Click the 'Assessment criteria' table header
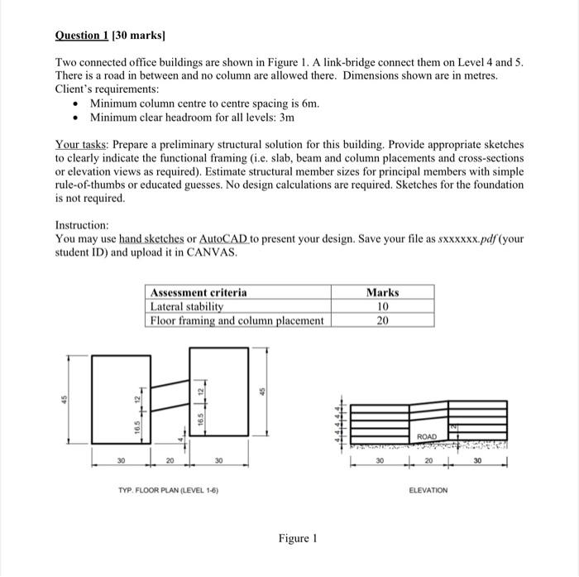pos(198,292)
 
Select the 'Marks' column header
pos(382,292)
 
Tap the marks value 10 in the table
pos(382,306)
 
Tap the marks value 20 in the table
pos(382,321)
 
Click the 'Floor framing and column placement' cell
pos(237,321)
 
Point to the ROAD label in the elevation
pos(428,435)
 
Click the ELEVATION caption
pos(428,490)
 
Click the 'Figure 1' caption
pos(298,538)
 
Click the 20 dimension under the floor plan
pos(170,460)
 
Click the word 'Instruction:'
pos(82,225)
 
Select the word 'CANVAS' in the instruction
pos(216,252)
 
